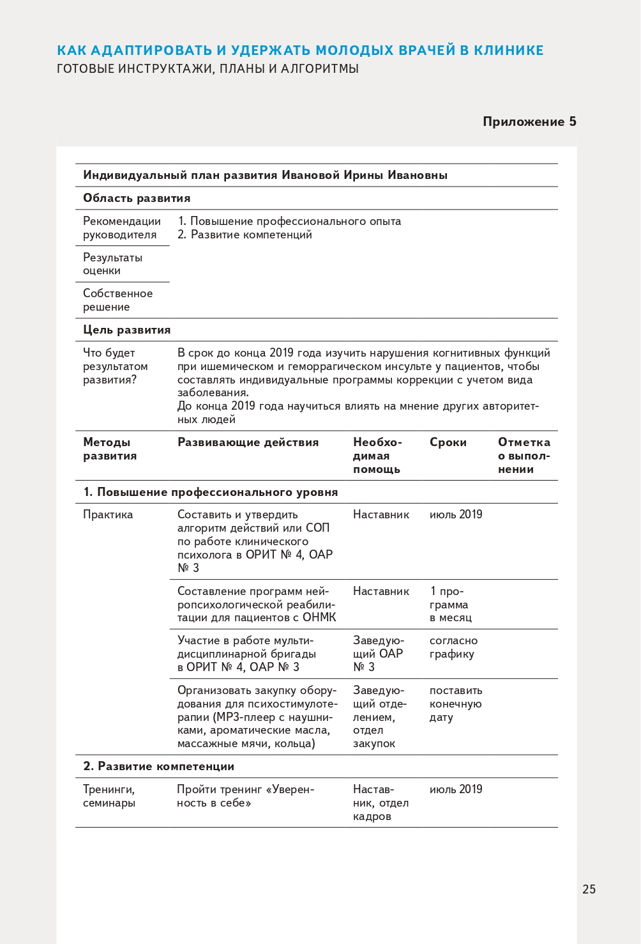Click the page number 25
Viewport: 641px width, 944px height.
[x=589, y=889]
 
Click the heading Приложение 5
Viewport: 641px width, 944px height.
[x=529, y=122]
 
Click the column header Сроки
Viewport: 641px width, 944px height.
[x=448, y=442]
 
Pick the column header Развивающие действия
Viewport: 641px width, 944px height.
[x=248, y=442]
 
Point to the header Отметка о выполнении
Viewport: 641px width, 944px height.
[x=524, y=456]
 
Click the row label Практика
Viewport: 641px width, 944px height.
[x=108, y=515]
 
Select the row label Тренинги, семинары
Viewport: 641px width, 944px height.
[x=109, y=796]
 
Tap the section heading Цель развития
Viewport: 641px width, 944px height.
[x=127, y=330]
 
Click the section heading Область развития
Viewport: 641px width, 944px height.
[x=137, y=198]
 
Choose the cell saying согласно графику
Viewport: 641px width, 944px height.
[x=453, y=647]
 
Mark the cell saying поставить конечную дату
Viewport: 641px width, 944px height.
[x=455, y=704]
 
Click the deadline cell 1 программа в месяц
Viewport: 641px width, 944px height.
[x=451, y=605]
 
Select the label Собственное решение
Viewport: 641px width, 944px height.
[x=118, y=300]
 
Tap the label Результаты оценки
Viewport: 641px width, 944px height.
[x=113, y=264]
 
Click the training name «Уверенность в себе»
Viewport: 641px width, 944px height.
[x=246, y=796]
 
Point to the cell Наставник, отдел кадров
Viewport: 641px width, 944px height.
[x=381, y=803]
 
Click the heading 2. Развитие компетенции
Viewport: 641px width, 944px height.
[x=159, y=766]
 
